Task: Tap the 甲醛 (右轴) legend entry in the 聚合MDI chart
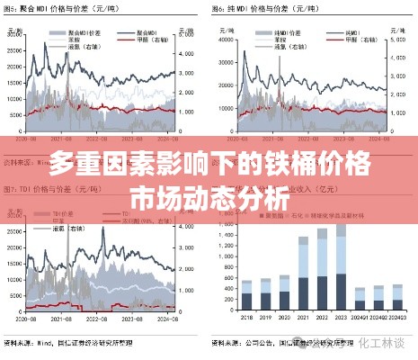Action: click(x=147, y=39)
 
